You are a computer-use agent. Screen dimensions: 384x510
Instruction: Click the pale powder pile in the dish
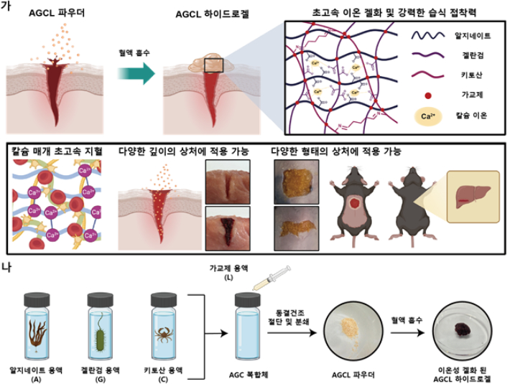click(349, 329)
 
